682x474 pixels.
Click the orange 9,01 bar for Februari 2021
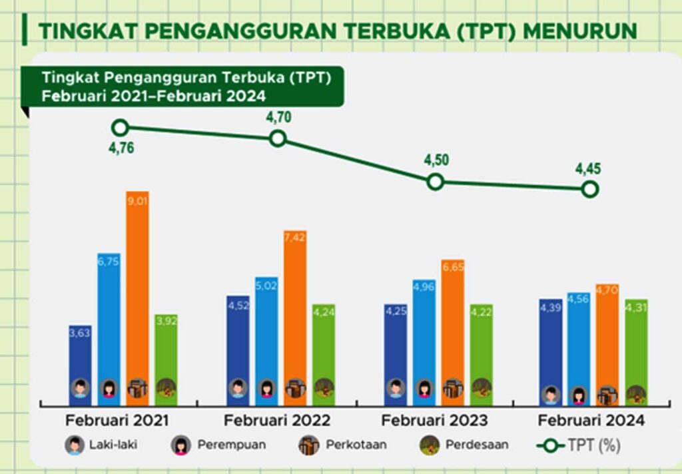(x=137, y=293)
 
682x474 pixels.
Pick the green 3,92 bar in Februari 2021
(x=167, y=356)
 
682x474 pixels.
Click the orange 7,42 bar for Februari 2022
(x=295, y=313)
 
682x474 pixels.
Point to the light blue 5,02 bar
(x=266, y=336)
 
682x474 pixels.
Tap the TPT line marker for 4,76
(x=120, y=128)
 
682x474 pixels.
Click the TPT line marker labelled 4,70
(x=278, y=138)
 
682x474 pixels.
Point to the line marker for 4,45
(x=589, y=190)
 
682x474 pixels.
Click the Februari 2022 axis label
(x=277, y=421)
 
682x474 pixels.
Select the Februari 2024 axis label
(x=591, y=421)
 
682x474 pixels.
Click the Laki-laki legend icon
(x=75, y=445)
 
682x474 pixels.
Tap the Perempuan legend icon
(x=180, y=445)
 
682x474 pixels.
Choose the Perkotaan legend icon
(x=308, y=445)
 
